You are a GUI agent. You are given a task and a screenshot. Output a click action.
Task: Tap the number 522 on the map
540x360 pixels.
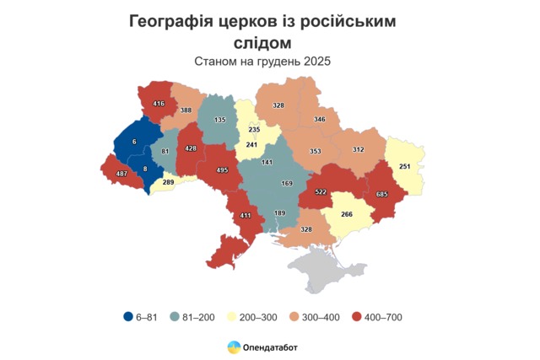321,192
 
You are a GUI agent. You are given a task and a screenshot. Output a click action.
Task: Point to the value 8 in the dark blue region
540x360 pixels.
145,169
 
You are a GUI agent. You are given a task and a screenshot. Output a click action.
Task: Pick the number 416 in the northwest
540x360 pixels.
159,104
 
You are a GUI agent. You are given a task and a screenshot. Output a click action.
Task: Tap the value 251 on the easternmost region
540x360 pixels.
404,166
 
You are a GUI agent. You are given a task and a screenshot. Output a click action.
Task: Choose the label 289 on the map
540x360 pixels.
169,181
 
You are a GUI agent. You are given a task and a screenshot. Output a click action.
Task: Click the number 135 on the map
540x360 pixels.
220,121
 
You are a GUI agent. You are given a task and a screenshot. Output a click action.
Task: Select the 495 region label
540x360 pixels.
223,169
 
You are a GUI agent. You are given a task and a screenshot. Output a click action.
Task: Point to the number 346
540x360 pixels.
319,121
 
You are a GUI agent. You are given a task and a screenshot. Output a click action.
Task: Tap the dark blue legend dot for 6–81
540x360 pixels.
128,317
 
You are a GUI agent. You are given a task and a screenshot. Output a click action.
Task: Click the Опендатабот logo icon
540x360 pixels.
234,346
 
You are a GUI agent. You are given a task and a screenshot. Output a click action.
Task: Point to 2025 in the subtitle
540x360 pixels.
314,61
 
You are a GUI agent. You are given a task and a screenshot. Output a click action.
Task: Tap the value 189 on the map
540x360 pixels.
280,213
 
